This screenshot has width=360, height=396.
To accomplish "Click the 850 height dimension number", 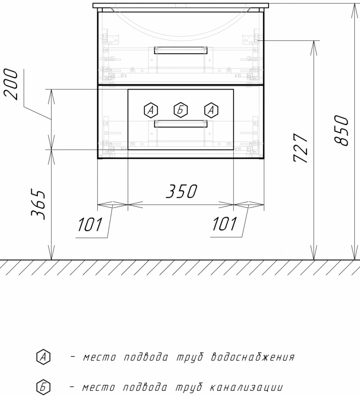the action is (341, 130).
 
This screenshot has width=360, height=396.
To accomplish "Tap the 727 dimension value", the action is (301, 148).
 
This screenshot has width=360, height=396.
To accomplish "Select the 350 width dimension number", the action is (182, 191).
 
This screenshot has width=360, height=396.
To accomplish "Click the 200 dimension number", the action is (11, 84).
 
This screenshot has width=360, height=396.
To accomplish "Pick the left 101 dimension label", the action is (90, 224).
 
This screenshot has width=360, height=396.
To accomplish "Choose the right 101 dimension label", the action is (224, 224).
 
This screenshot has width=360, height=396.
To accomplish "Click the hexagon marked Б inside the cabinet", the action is (181, 110).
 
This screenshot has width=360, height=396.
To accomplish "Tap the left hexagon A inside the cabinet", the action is (151, 110).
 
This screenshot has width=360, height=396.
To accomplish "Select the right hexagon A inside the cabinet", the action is (211, 110).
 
